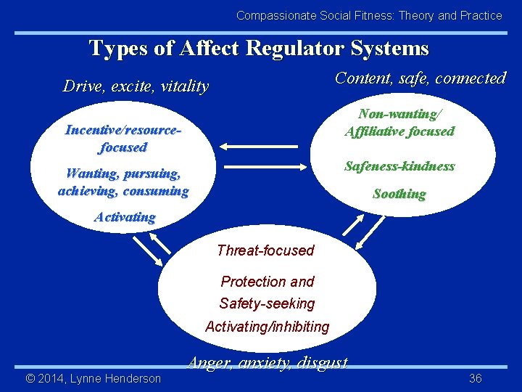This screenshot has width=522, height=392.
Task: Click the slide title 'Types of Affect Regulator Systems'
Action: pyautogui.click(x=259, y=48)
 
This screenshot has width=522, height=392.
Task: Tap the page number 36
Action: pyautogui.click(x=476, y=378)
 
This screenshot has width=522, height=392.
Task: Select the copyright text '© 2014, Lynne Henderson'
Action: pyautogui.click(x=93, y=378)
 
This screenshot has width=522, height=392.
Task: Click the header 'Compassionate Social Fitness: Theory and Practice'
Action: pyautogui.click(x=369, y=15)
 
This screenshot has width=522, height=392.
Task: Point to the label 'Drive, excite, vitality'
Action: pyautogui.click(x=136, y=86)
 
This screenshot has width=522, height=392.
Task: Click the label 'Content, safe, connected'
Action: pyautogui.click(x=420, y=78)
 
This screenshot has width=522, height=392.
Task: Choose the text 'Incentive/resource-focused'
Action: pyautogui.click(x=123, y=139)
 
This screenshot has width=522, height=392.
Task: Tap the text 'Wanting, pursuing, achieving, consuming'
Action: pyautogui.click(x=123, y=182)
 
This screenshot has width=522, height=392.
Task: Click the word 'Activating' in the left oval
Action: pyautogui.click(x=125, y=217)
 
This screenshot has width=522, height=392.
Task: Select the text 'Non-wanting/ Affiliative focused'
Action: pyautogui.click(x=399, y=123)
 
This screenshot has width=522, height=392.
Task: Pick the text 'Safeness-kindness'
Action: pyautogui.click(x=399, y=166)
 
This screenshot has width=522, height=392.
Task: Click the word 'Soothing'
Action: pyautogui.click(x=399, y=194)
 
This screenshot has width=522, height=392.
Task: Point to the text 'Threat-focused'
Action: pyautogui.click(x=265, y=250)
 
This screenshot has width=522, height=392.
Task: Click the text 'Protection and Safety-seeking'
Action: pyautogui.click(x=267, y=293)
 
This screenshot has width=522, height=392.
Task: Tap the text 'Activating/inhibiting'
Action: pyautogui.click(x=267, y=327)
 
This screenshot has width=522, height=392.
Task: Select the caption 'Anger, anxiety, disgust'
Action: pyautogui.click(x=268, y=362)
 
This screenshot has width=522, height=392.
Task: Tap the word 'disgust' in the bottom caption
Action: pyautogui.click(x=323, y=362)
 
